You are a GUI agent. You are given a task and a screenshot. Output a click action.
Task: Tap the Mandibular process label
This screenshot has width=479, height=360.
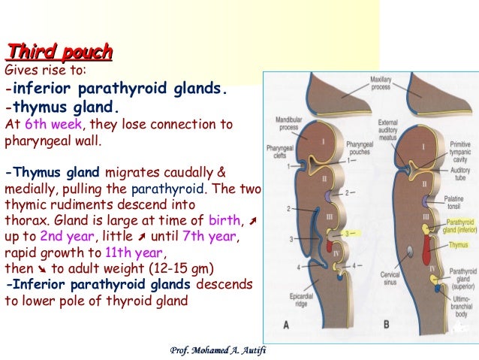[x=288, y=123]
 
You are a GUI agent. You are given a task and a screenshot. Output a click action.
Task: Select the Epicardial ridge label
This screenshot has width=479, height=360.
[x=297, y=295]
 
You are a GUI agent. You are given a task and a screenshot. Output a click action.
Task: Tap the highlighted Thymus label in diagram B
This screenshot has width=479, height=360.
[x=456, y=244]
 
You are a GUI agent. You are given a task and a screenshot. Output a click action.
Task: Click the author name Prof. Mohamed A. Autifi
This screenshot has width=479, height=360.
[x=214, y=349]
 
